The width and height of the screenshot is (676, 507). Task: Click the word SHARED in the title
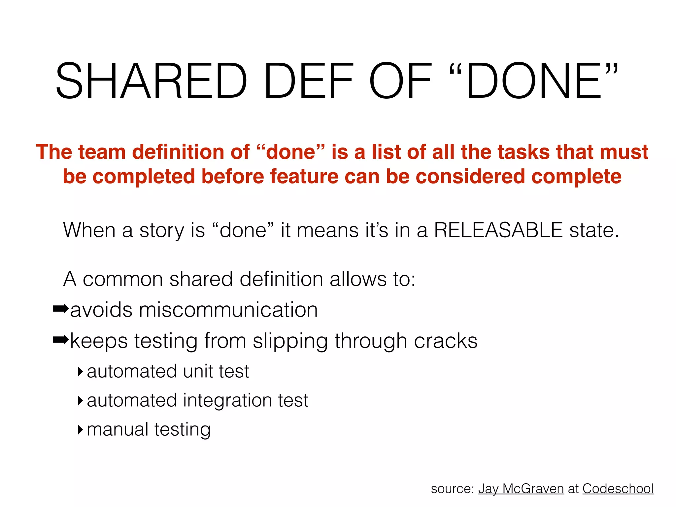point(151,81)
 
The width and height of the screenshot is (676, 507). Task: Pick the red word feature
point(304,176)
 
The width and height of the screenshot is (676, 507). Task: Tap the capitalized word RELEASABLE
point(498,230)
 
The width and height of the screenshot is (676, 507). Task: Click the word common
point(122,279)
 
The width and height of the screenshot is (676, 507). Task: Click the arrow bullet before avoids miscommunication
point(61,309)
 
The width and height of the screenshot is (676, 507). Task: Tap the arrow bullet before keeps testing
point(61,340)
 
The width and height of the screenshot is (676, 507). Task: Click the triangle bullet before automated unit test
point(80,372)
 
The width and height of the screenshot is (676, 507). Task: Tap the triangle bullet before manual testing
point(80,430)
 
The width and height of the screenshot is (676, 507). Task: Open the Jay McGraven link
point(521,489)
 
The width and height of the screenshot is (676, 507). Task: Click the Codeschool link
point(618,489)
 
